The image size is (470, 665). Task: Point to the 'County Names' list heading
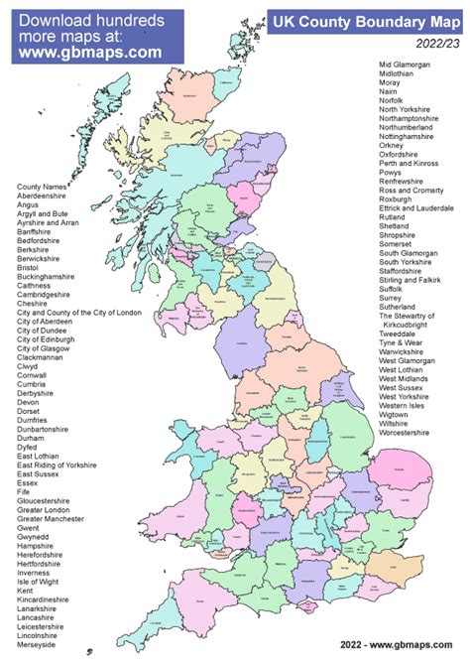pos(41,187)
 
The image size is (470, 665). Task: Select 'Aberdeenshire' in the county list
pos(45,196)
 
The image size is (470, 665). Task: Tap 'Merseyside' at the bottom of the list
pos(38,645)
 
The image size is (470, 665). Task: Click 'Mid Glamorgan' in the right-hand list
pos(407,65)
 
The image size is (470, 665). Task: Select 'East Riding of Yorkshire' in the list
pos(57,465)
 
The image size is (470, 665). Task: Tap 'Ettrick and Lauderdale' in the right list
pos(416,208)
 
